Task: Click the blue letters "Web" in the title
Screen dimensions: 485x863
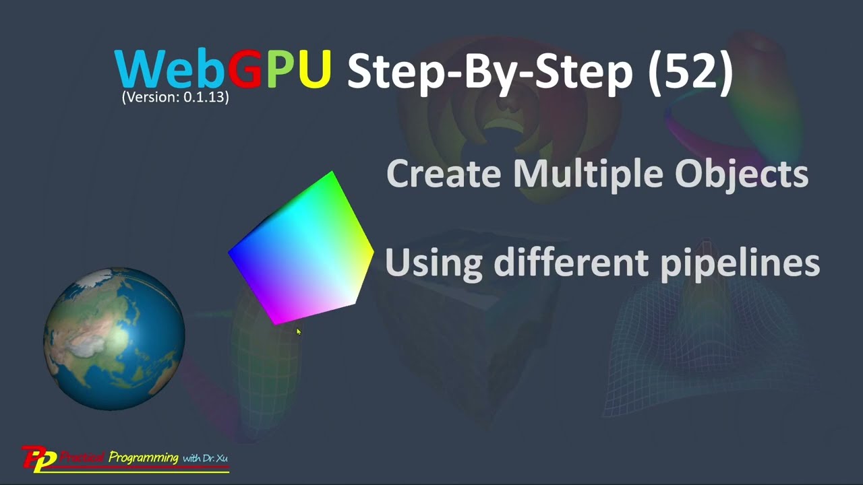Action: [171, 69]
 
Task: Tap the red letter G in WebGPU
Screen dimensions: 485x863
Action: [245, 69]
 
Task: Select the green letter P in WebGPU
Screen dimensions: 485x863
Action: [280, 69]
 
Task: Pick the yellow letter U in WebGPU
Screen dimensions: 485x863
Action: [314, 69]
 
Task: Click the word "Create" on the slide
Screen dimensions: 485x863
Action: [445, 174]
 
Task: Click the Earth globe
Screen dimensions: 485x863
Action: [114, 339]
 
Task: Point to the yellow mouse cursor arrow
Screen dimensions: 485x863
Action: [298, 331]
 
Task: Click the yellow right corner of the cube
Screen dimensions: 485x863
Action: [371, 253]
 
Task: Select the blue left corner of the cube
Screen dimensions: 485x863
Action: [231, 254]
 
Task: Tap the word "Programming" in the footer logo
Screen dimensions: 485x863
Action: [143, 458]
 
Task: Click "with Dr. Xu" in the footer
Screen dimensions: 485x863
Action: [205, 459]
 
